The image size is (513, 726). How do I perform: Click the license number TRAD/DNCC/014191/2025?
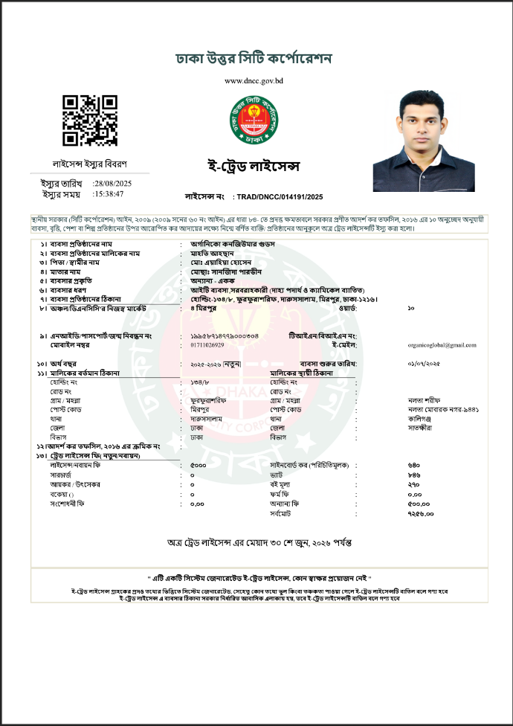pyautogui.click(x=279, y=196)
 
